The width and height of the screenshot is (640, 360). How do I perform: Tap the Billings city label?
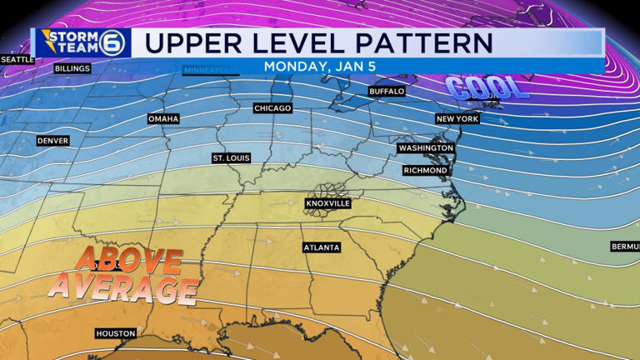coord(72,69)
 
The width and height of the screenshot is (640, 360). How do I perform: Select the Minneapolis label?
coord(210,69)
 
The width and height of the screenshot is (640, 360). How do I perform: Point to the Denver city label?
coord(52,141)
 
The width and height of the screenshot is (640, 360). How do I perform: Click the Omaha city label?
coord(163,119)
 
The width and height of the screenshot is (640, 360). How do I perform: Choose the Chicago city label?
coord(273,108)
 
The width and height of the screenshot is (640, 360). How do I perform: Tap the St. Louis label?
coord(231,157)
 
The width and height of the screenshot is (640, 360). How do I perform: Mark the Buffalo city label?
coord(387,91)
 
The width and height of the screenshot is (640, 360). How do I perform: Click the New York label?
coord(457,119)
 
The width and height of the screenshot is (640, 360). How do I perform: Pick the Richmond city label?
coord(425,170)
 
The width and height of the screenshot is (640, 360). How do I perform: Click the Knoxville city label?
coord(327,203)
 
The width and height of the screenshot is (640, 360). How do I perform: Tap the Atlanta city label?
coord(321,247)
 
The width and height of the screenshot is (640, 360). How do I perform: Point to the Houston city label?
coord(115,333)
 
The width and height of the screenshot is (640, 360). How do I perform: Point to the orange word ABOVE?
coord(129,260)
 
